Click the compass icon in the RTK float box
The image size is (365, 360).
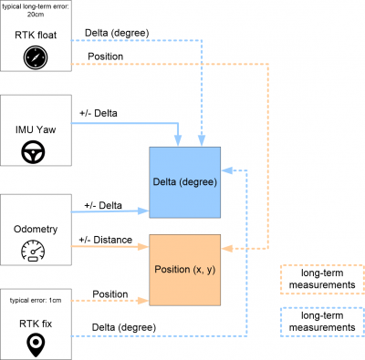point(36,57)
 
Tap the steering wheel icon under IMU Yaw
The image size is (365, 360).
point(33,152)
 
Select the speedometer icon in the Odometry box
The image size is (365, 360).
point(33,251)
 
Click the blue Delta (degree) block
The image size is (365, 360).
point(185,182)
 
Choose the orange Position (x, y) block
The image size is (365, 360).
point(185,270)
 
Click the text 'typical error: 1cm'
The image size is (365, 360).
point(36,301)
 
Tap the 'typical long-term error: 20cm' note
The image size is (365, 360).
point(36,10)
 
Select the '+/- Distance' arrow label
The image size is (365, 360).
point(106,240)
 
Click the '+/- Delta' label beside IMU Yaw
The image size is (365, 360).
point(99,113)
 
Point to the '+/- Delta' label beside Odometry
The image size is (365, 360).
point(103,205)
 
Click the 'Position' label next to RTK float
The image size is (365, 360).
point(106,57)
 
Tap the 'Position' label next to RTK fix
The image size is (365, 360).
point(110,294)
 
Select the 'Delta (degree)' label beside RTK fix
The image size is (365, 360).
point(124,327)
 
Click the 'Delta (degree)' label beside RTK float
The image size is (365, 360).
point(117,33)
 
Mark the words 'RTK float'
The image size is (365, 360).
point(36,35)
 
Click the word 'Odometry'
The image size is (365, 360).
point(36,229)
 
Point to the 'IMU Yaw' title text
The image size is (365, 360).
point(36,129)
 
